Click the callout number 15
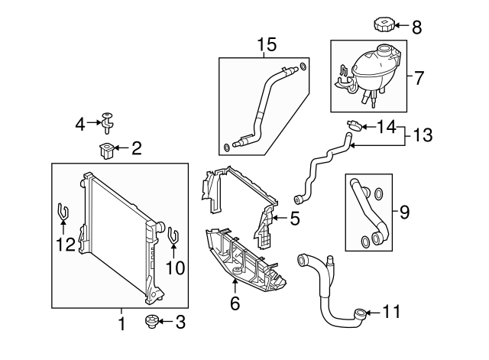[265, 44]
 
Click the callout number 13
[422, 135]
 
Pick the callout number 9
[404, 211]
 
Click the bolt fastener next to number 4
[108, 121]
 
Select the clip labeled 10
[173, 234]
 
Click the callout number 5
[293, 219]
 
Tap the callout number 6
[235, 303]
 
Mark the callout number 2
[136, 148]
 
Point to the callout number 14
[387, 126]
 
